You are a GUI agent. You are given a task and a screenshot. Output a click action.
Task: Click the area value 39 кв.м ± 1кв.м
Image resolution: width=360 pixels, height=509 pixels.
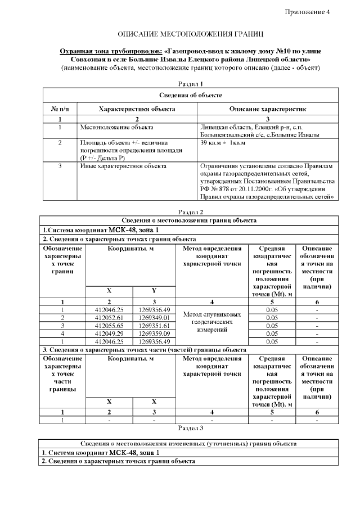click(223, 143)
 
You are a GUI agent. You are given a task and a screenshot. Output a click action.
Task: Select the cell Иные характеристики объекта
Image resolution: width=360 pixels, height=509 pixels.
click(123, 166)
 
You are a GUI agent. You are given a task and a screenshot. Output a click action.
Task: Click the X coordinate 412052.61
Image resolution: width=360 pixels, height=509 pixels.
click(109, 318)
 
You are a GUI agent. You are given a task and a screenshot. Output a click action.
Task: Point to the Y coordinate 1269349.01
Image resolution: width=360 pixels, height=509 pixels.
click(154, 318)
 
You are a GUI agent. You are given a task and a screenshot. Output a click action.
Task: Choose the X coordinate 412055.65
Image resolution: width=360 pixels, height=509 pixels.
click(109, 326)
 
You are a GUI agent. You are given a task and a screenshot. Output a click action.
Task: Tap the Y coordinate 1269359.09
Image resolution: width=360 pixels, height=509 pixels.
click(154, 333)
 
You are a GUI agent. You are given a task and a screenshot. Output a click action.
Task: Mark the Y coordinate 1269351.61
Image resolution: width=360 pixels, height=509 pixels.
click(154, 326)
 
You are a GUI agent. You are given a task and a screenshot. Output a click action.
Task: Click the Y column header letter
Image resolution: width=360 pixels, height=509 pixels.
click(154, 291)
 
